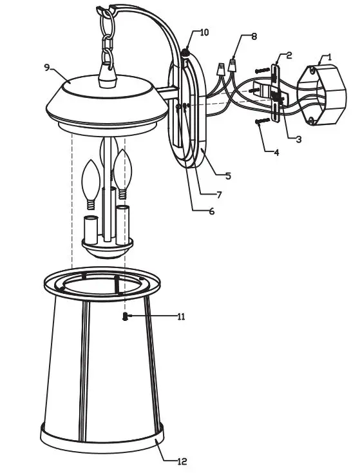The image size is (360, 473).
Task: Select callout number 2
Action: [289, 55]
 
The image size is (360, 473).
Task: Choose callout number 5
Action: [228, 175]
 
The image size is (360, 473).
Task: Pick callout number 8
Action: [254, 37]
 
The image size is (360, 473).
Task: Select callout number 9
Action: [47, 66]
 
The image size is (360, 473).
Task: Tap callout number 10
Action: [204, 32]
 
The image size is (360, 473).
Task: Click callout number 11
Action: [181, 316]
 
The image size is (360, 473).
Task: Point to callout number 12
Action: [182, 461]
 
